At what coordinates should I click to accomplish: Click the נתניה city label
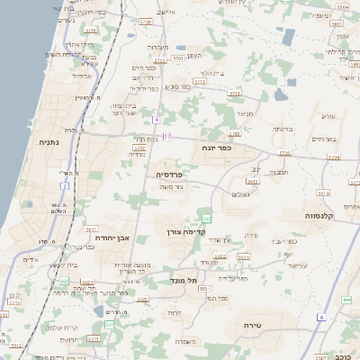pos(49,141)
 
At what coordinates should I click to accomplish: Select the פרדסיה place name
pos(169,174)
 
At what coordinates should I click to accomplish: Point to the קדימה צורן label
pos(185,231)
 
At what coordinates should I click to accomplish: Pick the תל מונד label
pos(183,282)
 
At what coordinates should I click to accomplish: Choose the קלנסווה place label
pos(319,216)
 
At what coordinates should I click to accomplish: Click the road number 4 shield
pos(156,119)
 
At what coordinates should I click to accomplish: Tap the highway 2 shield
pos(65,185)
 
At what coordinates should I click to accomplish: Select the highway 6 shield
pos(320,318)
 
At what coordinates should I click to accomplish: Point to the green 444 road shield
pos(347,299)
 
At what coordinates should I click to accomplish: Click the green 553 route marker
pos(207,219)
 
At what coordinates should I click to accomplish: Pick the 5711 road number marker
pos(234,93)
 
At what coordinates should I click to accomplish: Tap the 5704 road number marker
pos(333,156)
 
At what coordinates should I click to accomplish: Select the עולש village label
pos(328,116)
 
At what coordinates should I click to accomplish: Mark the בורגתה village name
pos(280,128)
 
